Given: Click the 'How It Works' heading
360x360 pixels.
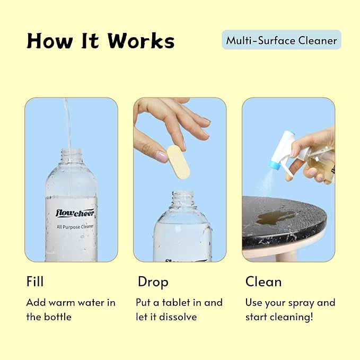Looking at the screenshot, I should pyautogui.click(x=100, y=41).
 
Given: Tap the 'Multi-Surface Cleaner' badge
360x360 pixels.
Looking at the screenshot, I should pyautogui.click(x=281, y=40).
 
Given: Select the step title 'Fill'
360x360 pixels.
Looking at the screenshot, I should pyautogui.click(x=35, y=281).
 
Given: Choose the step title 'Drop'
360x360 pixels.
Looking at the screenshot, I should pyautogui.click(x=153, y=281).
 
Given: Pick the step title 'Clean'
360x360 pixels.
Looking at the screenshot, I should pyautogui.click(x=263, y=281).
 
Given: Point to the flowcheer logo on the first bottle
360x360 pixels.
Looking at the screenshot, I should pyautogui.click(x=75, y=213).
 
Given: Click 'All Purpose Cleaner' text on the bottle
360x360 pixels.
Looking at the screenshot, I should pyautogui.click(x=75, y=226).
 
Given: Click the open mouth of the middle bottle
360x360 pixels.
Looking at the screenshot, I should pyautogui.click(x=183, y=195).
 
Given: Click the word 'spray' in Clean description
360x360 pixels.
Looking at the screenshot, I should pyautogui.click(x=301, y=303).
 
